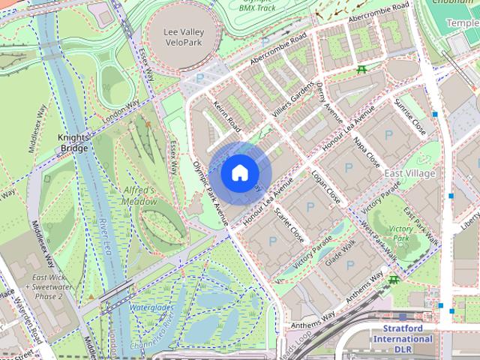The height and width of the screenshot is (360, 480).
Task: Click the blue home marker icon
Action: tap(238, 172)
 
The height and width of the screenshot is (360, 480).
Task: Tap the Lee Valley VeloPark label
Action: tap(184, 37)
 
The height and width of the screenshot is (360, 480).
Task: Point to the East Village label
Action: tap(409, 173)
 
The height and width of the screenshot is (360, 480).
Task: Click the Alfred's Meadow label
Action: tap(139, 196)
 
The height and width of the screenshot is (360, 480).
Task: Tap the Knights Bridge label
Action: tap(73, 142)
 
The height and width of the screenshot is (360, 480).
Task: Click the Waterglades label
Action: tap(151, 308)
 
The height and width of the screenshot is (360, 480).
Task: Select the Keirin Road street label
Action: tap(226, 114)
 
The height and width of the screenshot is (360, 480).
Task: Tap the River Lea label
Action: tap(104, 235)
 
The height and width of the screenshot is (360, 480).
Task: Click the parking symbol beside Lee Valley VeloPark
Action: tap(199, 78)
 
